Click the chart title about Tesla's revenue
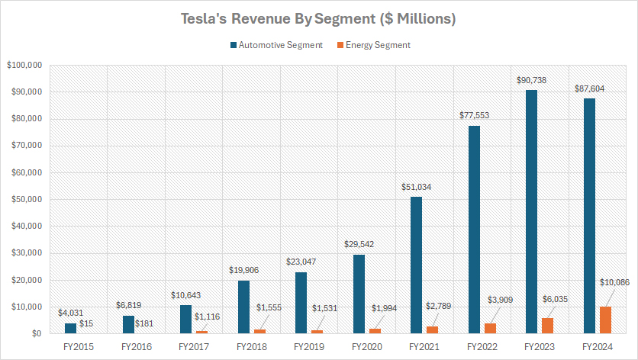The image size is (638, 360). click(x=318, y=19)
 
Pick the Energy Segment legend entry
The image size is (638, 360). click(x=373, y=45)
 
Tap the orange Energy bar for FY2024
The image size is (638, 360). click(x=605, y=320)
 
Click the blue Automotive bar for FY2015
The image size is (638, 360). click(x=70, y=329)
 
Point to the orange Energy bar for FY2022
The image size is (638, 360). click(x=490, y=329)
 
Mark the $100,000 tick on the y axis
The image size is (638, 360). click(x=24, y=66)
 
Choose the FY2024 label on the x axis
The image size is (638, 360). click(x=596, y=346)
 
